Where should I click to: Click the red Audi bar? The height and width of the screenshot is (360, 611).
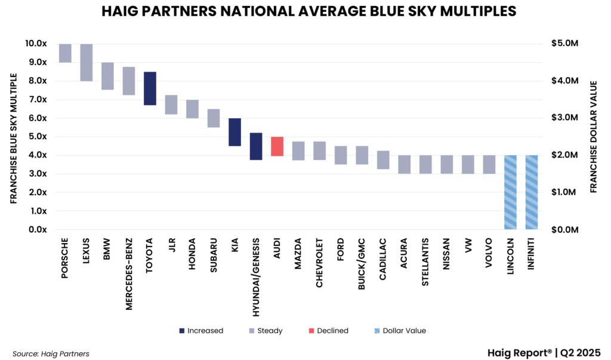pyautogui.click(x=277, y=146)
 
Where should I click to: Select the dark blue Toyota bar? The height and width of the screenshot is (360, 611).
pyautogui.click(x=150, y=88)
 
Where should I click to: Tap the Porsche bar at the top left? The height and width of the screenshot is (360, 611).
pyautogui.click(x=65, y=53)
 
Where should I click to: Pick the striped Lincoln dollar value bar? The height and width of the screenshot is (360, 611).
pyautogui.click(x=510, y=192)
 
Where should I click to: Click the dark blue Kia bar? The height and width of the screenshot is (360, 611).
pyautogui.click(x=234, y=132)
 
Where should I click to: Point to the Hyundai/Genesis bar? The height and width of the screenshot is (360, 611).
pyautogui.click(x=256, y=146)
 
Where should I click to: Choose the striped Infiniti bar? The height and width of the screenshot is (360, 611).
pyautogui.click(x=532, y=192)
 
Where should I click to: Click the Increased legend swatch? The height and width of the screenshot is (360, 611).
pyautogui.click(x=181, y=331)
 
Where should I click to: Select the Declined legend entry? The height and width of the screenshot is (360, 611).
pyautogui.click(x=328, y=331)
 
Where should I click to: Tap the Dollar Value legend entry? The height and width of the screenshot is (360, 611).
pyautogui.click(x=403, y=331)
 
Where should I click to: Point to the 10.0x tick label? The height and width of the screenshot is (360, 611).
pyautogui.click(x=36, y=44)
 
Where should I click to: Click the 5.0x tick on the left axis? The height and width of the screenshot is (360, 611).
pyautogui.click(x=38, y=137)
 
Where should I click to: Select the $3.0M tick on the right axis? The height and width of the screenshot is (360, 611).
pyautogui.click(x=564, y=118)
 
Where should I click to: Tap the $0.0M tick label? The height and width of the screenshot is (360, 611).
pyautogui.click(x=564, y=230)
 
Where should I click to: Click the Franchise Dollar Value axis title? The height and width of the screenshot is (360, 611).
pyautogui.click(x=594, y=137)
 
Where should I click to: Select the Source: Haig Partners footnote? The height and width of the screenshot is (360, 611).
pyautogui.click(x=51, y=354)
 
